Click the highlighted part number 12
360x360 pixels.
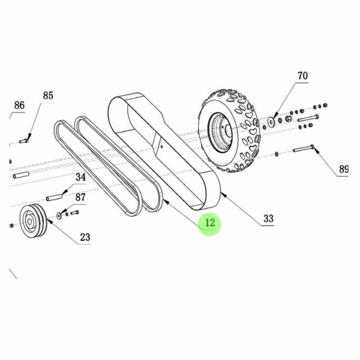(x=209, y=223)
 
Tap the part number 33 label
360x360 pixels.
(x=268, y=218)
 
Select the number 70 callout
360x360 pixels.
(x=302, y=75)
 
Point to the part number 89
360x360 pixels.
(x=343, y=169)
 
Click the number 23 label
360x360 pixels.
(x=84, y=237)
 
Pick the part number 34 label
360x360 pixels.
(x=81, y=177)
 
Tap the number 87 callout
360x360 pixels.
(x=80, y=197)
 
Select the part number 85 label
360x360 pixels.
(x=48, y=96)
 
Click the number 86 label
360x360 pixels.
(x=19, y=105)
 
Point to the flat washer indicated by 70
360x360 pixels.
(x=272, y=119)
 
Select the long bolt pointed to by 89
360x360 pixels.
(x=304, y=150)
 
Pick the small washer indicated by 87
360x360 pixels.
(x=60, y=215)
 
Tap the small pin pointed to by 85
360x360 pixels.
(x=24, y=141)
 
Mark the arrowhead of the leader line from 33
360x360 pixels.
(x=223, y=194)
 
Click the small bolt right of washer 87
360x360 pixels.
(x=73, y=213)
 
